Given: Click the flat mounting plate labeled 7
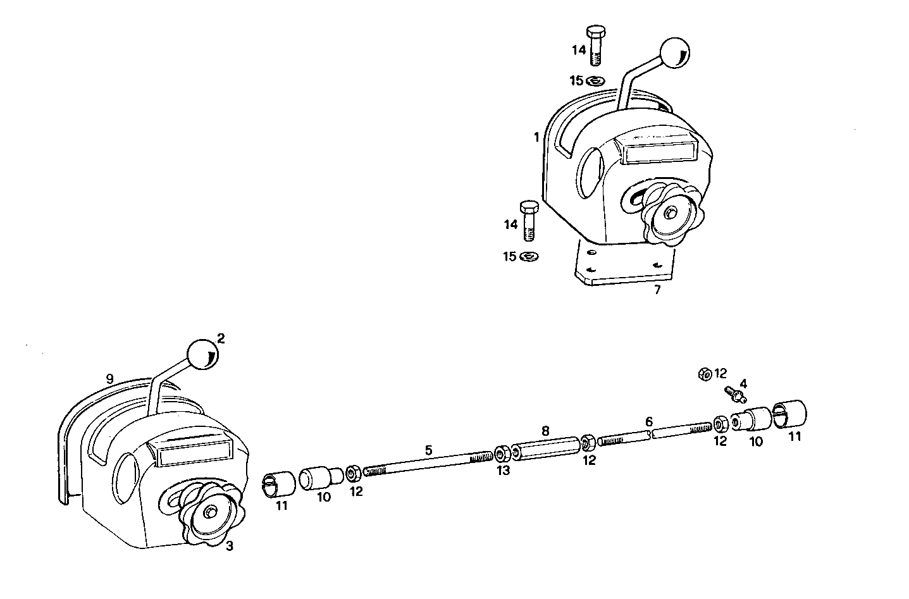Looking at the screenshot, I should coord(623,268).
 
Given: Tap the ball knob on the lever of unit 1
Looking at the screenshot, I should coord(674,53).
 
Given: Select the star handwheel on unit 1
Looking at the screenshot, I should coord(669,216).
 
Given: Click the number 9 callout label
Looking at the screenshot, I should coord(110,379).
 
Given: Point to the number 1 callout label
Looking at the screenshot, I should coord(536,137).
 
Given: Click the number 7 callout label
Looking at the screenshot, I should coord(657,290).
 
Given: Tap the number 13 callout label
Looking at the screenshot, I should coord(503,471).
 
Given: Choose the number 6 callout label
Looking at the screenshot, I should coord(648,421).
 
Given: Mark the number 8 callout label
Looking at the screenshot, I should coord(545,431).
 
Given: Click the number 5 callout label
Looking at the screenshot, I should coord(428,450).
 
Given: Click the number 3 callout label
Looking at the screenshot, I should coord(230,546).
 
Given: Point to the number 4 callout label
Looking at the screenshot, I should coord(743,383).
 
